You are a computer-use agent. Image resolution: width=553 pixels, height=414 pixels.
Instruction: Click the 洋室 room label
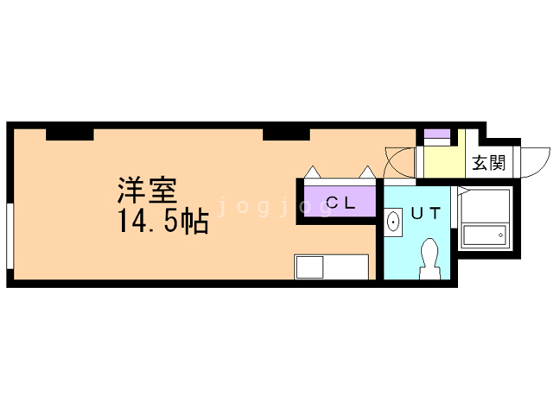[x=147, y=191]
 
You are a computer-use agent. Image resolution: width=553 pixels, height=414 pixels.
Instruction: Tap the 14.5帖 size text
[x=163, y=222]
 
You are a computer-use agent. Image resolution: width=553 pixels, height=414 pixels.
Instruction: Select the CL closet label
[x=340, y=203]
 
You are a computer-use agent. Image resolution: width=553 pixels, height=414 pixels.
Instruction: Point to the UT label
[x=426, y=213]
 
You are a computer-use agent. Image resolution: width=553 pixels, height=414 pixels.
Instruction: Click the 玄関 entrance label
[x=489, y=163]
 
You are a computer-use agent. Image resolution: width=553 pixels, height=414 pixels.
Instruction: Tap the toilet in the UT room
[x=430, y=259]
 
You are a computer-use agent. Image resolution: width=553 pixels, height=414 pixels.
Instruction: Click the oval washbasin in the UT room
[x=393, y=222]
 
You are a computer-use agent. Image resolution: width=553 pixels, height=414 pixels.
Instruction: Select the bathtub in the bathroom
[x=485, y=235]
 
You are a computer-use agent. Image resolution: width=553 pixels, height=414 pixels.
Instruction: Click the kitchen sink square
[x=310, y=267]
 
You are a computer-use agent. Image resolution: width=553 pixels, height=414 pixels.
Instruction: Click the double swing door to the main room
[x=399, y=162]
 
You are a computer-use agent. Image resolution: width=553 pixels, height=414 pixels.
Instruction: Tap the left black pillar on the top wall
[x=70, y=135]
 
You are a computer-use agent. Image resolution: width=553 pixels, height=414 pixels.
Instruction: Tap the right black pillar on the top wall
[x=286, y=135]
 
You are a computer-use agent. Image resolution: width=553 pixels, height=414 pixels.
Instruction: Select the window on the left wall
[x=10, y=236]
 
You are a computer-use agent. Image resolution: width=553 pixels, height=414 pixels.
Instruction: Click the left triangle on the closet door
[x=313, y=172]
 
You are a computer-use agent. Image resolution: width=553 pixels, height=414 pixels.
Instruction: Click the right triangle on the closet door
[x=367, y=172]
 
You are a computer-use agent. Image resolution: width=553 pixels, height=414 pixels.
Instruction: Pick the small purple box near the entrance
[x=437, y=134]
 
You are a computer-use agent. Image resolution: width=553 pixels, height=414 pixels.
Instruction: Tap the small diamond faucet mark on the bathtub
[x=500, y=235]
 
